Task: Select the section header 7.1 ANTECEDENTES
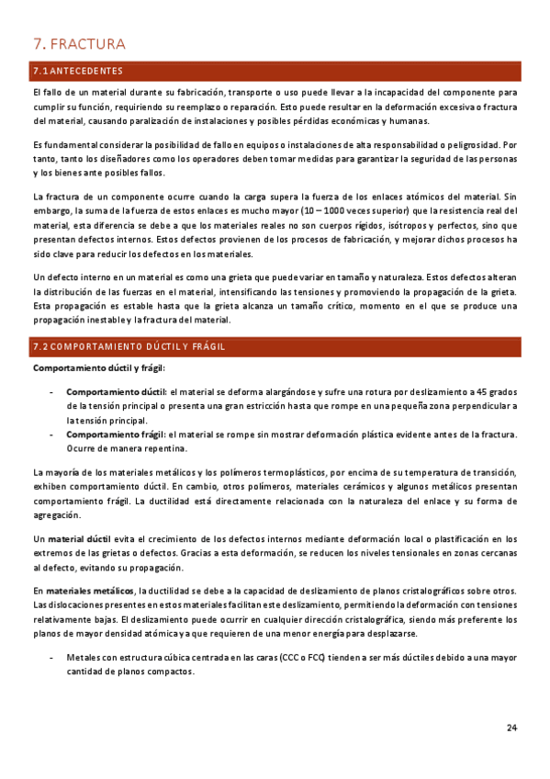[77, 71]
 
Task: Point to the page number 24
[511, 728]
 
